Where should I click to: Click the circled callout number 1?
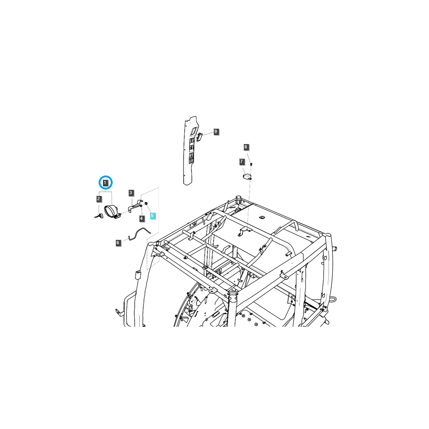coord(105,182)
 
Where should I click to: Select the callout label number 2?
coord(99,198)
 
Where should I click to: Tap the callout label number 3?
coord(131,193)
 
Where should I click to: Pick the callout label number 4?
coord(142,218)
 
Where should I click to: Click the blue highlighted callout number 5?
coord(152,216)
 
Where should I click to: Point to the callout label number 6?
coord(118,243)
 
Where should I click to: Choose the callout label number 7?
coord(242,162)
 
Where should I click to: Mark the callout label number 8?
coord(246,147)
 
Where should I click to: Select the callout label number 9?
coord(216,132)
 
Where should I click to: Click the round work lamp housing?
coord(111,211)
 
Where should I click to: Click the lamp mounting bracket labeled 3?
coord(135,207)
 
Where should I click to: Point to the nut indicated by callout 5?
coord(146,203)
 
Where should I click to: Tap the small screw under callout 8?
coord(251,164)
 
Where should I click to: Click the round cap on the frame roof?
coord(238,198)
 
